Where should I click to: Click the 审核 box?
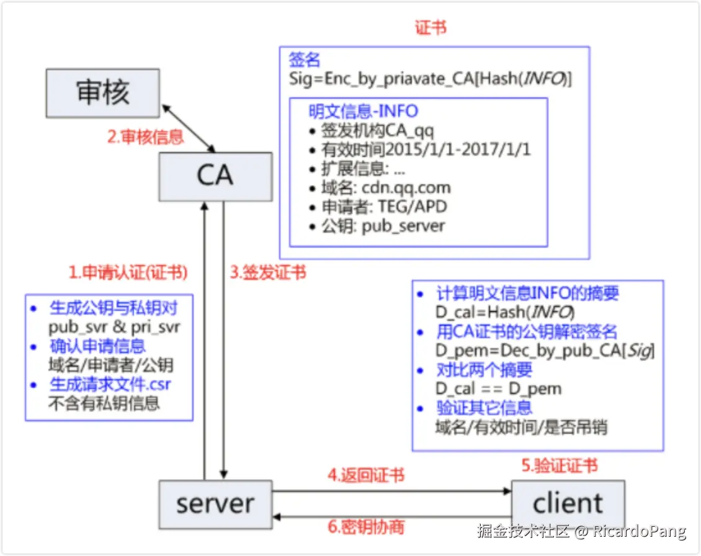pos(103,94)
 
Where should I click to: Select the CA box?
pos(215,176)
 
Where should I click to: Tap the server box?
pos(215,504)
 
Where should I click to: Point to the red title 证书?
pos(431,28)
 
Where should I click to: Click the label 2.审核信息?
pos(146,137)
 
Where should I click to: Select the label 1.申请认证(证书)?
pos(128,272)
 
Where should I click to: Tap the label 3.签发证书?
pos(268,272)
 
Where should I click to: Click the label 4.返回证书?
pos(366,475)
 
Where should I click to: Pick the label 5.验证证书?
pos(559,465)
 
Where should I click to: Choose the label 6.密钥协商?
pos(366,527)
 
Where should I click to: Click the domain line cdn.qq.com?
pos(385,188)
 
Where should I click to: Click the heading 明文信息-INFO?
pos(364,112)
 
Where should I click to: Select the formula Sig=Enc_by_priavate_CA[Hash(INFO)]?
pos(430,79)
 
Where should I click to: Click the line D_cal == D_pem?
pos(498,389)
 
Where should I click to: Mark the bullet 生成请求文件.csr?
pos(110,384)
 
